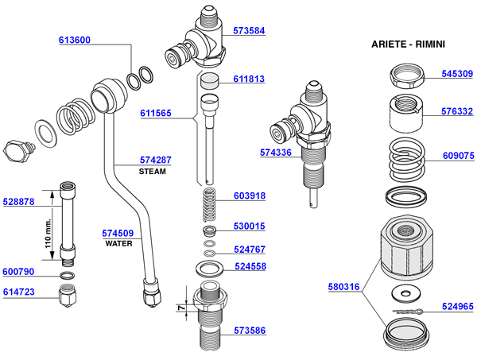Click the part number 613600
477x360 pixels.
pos(74,40)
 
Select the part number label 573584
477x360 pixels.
pos(249,32)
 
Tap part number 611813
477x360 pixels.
pos(249,79)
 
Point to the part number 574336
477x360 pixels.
pos(276,150)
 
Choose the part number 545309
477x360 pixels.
pos(457,74)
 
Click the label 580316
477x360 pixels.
pos(343,287)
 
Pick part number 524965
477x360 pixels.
pos(457,304)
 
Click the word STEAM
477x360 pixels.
pos(152,171)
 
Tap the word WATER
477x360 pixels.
pos(118,243)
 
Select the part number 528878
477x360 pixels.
pos(20,202)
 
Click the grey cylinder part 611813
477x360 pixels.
pos(210,79)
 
